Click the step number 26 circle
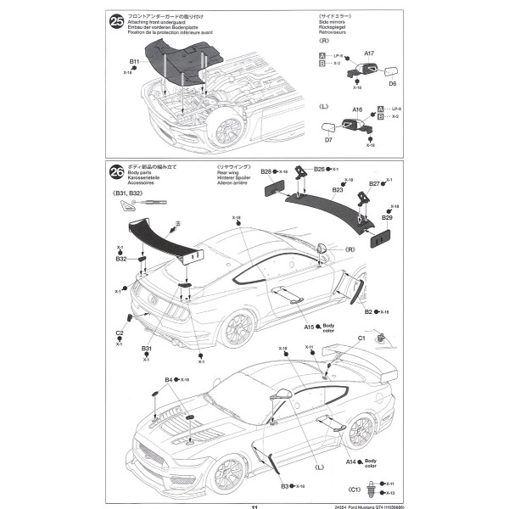point(115,173)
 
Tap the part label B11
point(135,62)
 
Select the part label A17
point(369,53)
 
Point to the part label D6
point(393,83)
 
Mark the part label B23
point(337,190)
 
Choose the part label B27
point(374,184)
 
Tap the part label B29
point(386,218)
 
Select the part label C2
point(120,333)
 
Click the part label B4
point(169,379)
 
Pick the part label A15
point(309,327)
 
